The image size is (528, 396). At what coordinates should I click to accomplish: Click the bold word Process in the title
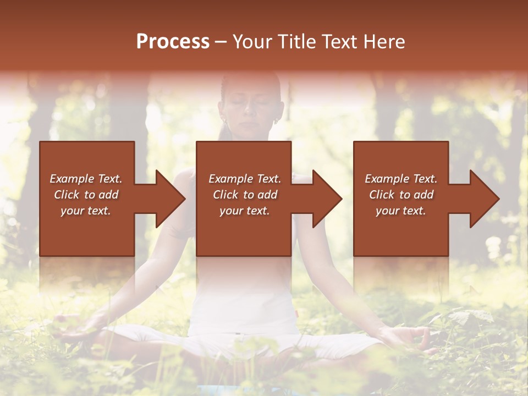173,41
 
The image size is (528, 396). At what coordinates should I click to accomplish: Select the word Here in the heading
383,41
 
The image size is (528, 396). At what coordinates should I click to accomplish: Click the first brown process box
87,199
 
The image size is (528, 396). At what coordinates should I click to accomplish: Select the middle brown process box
244,199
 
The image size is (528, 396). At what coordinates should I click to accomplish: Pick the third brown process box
400,199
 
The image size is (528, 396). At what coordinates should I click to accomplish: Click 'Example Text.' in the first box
86,179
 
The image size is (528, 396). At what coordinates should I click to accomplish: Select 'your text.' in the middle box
244,211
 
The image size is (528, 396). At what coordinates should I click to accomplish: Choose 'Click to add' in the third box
402,195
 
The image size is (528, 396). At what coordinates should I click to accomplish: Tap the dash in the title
221,42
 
